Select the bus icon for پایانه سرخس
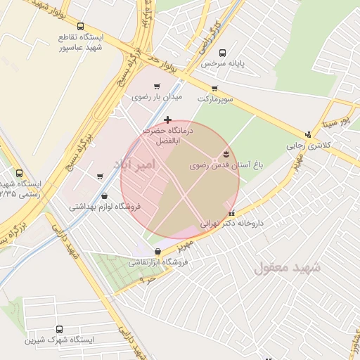[x=223, y=53]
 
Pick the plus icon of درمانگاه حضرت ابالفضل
[x=167, y=121]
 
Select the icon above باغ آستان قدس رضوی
[x=226, y=153]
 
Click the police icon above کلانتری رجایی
[x=307, y=134]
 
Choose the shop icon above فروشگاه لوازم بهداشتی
[x=105, y=196]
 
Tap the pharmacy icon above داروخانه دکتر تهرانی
[x=231, y=213]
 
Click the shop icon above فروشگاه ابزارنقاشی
[x=156, y=250]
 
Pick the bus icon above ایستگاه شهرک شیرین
[x=58, y=328]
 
